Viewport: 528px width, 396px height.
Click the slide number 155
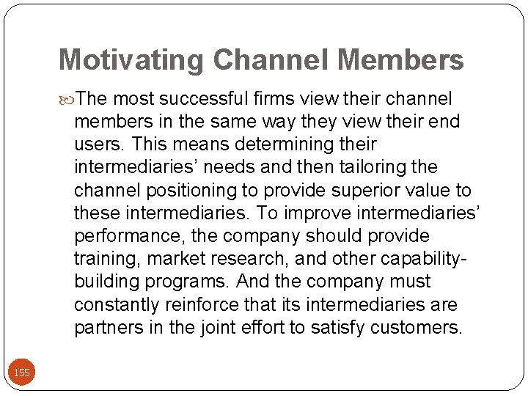pos(22,373)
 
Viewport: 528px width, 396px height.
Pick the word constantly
pos(118,304)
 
